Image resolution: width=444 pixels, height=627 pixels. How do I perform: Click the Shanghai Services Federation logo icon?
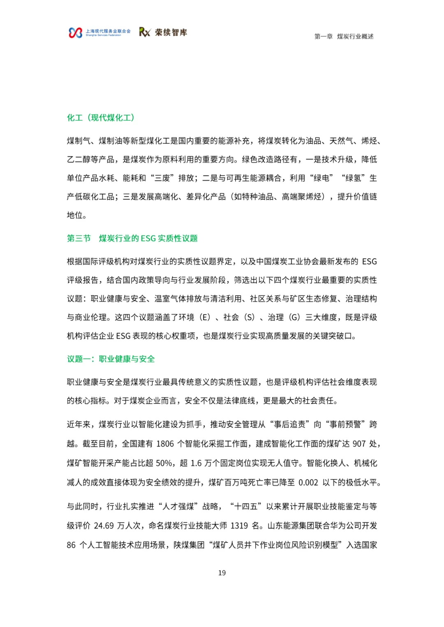point(75,33)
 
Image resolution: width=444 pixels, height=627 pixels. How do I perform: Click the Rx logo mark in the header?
point(145,32)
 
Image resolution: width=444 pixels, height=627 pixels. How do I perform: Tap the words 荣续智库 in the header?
point(171,32)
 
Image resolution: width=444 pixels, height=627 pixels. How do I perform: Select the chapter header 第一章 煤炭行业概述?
point(344,37)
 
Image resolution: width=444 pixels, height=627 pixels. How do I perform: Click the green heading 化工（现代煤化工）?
point(101,118)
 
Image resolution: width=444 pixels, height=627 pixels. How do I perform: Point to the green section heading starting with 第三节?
point(132,239)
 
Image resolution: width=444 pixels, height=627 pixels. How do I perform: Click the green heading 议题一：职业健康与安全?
point(111,359)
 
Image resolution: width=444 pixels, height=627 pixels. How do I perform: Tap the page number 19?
point(222,573)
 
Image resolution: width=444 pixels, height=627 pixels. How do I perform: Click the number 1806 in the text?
point(165,444)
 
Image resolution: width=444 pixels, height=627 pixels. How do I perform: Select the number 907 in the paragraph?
point(359,444)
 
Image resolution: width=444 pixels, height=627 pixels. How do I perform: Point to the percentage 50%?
point(164,463)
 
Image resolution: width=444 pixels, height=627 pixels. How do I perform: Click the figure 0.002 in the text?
point(308,482)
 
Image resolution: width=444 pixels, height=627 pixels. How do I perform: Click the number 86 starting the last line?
point(71,545)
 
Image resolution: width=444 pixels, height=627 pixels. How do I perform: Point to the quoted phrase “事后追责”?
point(289,425)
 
